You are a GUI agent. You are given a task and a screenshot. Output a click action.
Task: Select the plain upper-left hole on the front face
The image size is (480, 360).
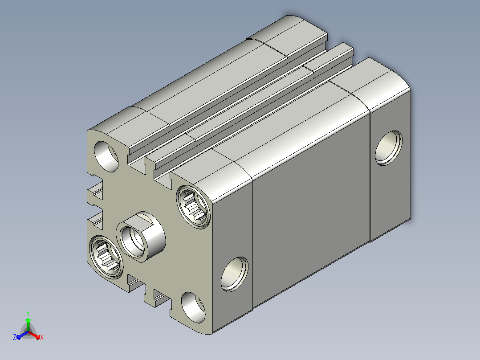[x=106, y=156]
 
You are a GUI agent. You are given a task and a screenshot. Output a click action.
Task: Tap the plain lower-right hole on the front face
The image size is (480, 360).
[x=193, y=307]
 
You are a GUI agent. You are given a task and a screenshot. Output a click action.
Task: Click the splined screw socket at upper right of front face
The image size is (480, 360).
[x=193, y=206]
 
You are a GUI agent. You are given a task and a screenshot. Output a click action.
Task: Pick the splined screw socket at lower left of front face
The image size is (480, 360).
[x=106, y=257]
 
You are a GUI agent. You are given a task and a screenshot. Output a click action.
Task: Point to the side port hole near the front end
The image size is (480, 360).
[x=235, y=274]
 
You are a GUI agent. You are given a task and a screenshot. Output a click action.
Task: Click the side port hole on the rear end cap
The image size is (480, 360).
[x=389, y=148]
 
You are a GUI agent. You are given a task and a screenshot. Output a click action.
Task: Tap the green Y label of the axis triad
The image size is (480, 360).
[x=28, y=313]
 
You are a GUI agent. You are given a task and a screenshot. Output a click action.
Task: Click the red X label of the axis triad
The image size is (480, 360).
[x=42, y=337]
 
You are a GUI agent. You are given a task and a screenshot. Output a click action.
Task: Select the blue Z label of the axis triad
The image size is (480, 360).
[x=14, y=337]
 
